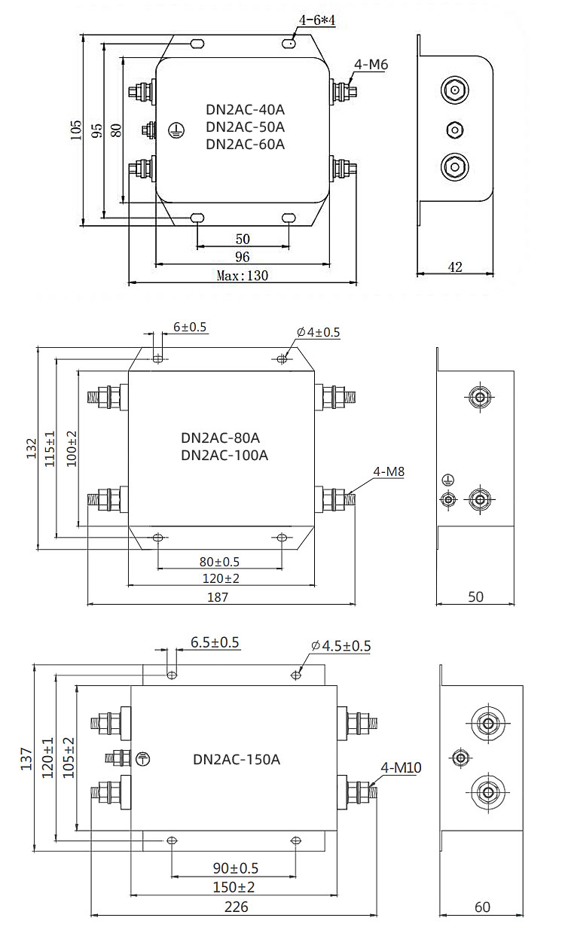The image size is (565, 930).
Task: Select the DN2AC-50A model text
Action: [245, 127]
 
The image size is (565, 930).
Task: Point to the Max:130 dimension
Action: [242, 276]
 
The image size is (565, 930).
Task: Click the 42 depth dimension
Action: [454, 266]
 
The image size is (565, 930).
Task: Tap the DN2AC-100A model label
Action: [224, 455]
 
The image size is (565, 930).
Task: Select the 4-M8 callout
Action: [389, 472]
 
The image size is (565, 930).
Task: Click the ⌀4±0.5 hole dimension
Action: [318, 332]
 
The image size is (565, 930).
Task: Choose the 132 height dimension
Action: [31, 450]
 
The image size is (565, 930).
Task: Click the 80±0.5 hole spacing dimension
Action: [218, 562]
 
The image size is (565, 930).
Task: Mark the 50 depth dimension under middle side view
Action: [475, 596]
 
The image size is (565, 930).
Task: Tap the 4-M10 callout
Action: [401, 768]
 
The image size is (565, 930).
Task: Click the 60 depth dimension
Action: [482, 907]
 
